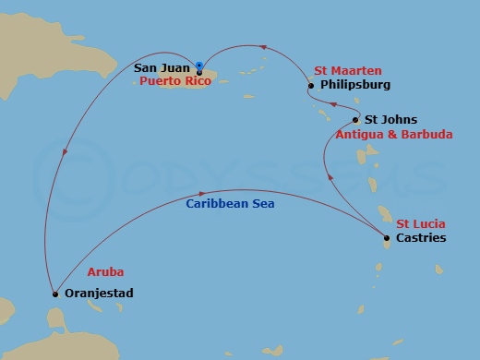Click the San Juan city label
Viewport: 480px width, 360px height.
click(162, 67)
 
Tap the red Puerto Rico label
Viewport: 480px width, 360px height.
click(175, 81)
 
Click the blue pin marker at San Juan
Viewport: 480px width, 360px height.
click(198, 66)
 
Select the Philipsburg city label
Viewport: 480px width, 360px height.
click(354, 86)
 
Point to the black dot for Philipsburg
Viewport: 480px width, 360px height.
click(311, 87)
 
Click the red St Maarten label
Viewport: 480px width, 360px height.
click(347, 71)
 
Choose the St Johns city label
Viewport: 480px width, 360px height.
click(390, 120)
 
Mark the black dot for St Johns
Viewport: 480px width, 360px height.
click(356, 121)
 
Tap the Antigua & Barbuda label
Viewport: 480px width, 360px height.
click(394, 134)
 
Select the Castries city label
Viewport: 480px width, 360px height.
click(420, 238)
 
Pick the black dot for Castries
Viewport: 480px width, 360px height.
click(387, 239)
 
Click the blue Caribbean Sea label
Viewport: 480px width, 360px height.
click(230, 203)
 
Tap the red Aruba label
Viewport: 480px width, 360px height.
click(104, 272)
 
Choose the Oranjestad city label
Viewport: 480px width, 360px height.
click(101, 294)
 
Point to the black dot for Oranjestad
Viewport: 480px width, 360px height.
click(56, 294)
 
